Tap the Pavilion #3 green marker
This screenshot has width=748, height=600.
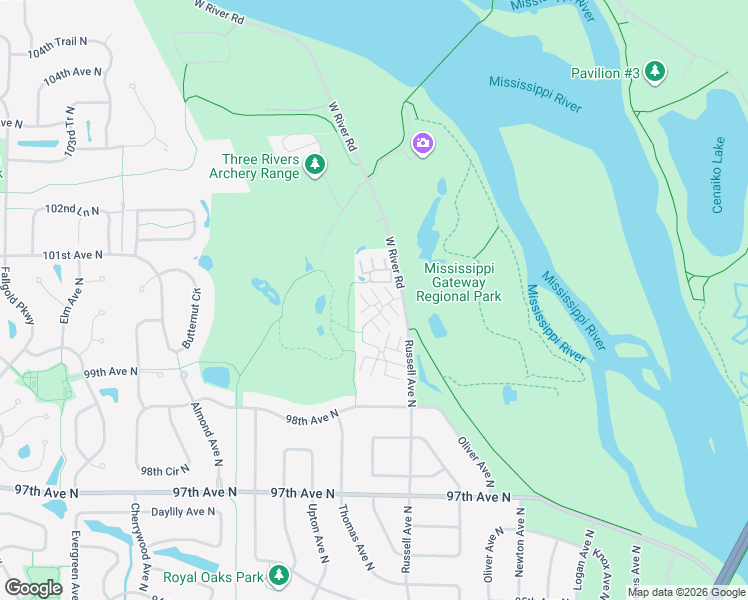655,71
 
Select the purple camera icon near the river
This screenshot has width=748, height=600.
422,145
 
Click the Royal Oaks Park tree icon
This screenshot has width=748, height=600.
279,575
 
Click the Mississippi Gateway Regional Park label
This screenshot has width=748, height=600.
462,282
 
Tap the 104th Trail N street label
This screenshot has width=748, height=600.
58,46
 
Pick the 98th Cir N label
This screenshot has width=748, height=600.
165,470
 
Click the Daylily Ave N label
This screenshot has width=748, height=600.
182,512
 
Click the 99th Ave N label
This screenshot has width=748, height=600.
109,372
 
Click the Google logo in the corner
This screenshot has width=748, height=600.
33,588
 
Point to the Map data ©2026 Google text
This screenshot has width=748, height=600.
685,592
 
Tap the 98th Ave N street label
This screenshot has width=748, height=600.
311,420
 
